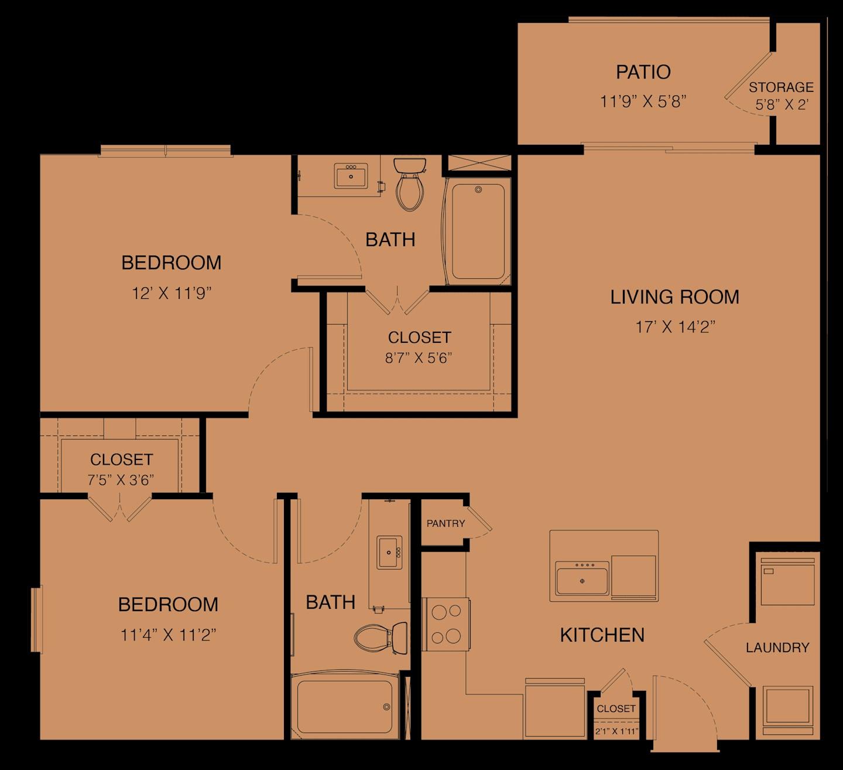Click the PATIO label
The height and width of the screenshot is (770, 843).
point(643,72)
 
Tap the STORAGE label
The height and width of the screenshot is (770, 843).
point(781,87)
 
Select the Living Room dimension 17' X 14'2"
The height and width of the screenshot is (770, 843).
point(675,327)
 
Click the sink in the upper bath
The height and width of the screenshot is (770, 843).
point(351,176)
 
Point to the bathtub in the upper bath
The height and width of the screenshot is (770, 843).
point(478,231)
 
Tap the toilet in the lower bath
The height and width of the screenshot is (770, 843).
point(381,635)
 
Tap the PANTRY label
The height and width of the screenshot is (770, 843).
point(446,523)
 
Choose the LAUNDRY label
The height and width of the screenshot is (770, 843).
point(777,648)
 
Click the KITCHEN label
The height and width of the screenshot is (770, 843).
point(602,635)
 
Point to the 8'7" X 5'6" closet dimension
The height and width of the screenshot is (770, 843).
point(419,358)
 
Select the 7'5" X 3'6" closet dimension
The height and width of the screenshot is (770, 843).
point(121,480)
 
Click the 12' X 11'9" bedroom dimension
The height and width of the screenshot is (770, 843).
point(171,293)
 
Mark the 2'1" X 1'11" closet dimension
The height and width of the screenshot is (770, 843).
point(616,731)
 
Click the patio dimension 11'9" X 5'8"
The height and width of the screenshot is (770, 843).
point(643,101)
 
